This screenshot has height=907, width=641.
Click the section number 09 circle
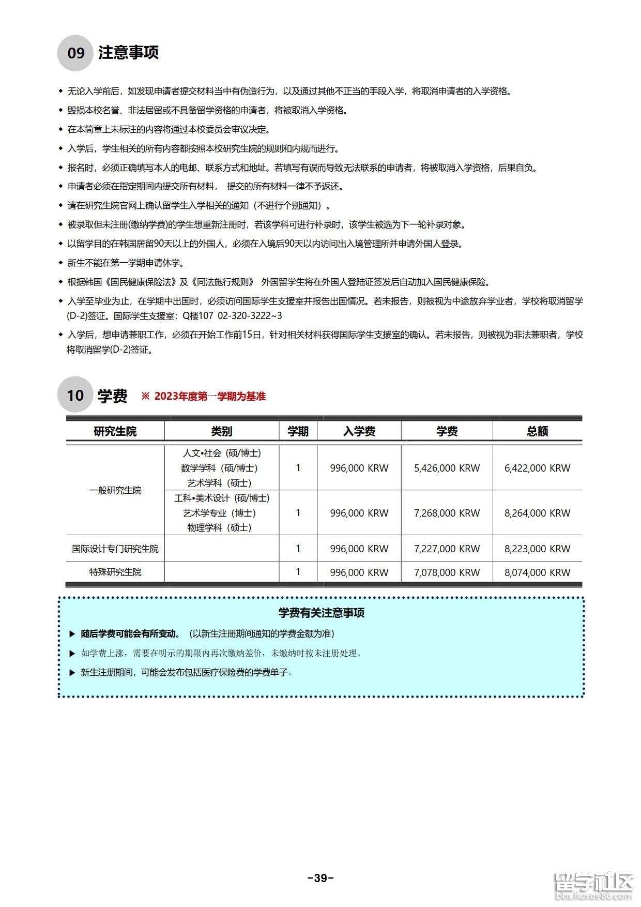[75, 53]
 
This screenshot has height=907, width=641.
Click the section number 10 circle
[75, 395]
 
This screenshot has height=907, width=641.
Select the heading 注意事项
[128, 52]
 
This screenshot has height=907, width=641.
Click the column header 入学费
[359, 431]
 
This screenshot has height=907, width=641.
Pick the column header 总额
[537, 431]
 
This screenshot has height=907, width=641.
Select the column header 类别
[221, 431]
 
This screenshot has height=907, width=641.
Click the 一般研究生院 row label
[115, 490]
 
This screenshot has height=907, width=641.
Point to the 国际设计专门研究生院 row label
[115, 549]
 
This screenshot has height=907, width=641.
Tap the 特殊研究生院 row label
[115, 572]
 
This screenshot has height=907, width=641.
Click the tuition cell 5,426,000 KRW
[447, 468]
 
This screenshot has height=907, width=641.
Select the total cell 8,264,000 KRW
[537, 513]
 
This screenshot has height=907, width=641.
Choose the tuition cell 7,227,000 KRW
[447, 549]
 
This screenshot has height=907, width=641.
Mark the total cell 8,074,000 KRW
[537, 572]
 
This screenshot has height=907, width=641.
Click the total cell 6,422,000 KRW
[537, 468]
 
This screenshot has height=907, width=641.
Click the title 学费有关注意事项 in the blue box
[321, 613]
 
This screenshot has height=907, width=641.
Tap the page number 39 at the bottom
[320, 878]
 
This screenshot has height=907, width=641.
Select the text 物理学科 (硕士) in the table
[219, 527]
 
